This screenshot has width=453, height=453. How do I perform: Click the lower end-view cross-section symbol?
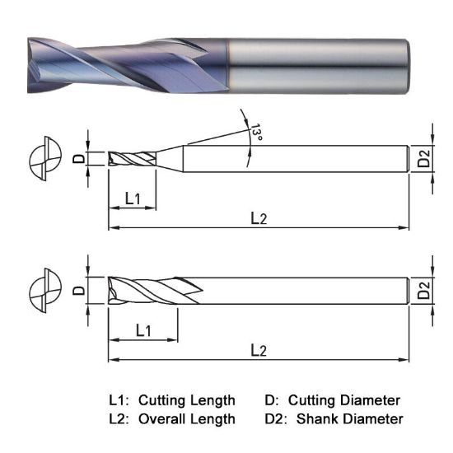pos(43,292)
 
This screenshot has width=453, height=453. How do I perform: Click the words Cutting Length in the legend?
pos(186,400)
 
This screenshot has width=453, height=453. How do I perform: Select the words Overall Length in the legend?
pos(186,419)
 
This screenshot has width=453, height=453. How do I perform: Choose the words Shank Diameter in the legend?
pos(351,419)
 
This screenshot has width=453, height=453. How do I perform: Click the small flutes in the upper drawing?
pos(132,159)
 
